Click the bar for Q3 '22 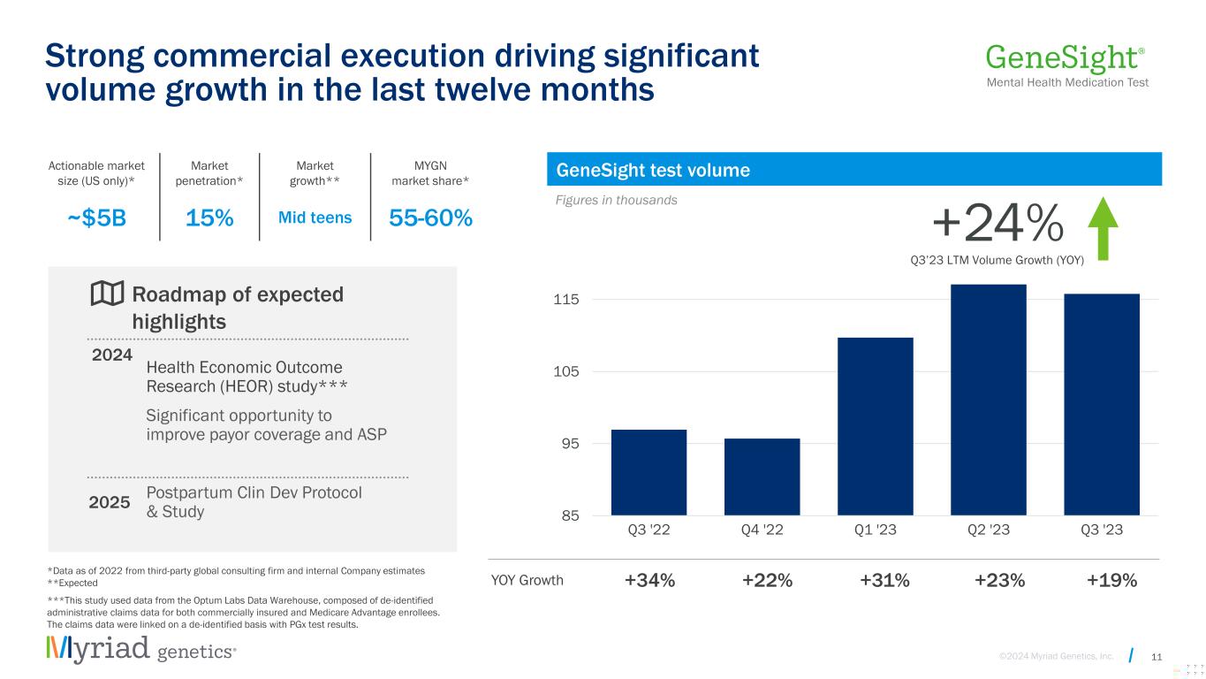coord(649,472)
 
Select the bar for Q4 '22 coord(762,477)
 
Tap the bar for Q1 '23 coord(875,426)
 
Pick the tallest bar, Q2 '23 coord(988,400)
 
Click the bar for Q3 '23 coord(1101,404)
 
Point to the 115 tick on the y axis coord(566,300)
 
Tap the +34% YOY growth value coord(649,581)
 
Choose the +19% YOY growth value coord(1111,581)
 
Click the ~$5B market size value coord(97,218)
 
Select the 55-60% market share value coord(430,218)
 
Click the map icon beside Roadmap coord(107,294)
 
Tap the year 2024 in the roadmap coord(112,355)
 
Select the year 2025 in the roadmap coord(110,502)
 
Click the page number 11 coord(1157,655)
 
